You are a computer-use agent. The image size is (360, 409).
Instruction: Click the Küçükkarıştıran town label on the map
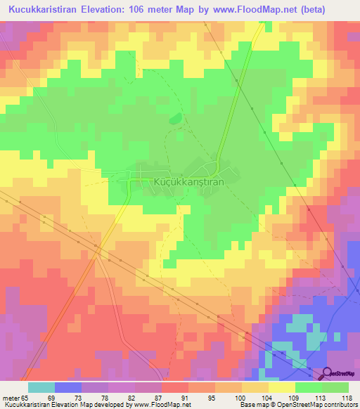click(188, 181)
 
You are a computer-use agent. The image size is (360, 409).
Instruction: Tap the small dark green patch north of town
click(174, 119)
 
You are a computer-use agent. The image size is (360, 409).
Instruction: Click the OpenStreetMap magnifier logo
click(328, 374)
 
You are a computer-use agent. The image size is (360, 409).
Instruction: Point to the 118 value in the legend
click(347, 397)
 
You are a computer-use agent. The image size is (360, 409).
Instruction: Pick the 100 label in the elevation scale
click(238, 397)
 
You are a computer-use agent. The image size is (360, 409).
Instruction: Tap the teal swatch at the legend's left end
click(41, 387)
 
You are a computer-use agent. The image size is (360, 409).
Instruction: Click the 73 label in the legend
click(78, 397)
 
